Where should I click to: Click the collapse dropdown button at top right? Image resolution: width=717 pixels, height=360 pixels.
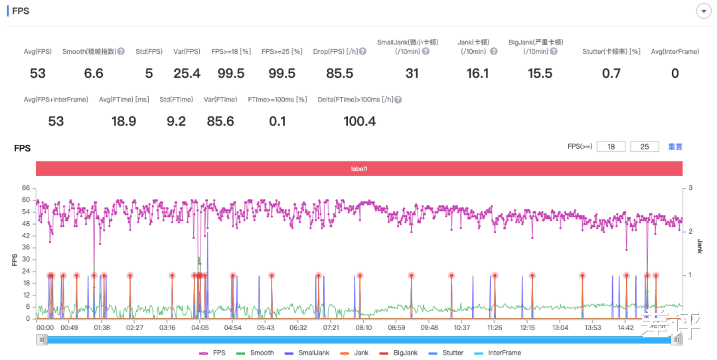[703, 11]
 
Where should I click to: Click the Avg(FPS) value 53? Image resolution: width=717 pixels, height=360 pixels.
[37, 73]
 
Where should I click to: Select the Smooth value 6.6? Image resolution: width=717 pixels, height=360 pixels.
[94, 73]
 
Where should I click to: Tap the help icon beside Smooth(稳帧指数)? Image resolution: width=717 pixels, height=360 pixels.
[121, 51]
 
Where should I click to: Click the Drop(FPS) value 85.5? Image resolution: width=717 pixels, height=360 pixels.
[339, 73]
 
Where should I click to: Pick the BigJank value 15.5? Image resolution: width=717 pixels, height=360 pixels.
[540, 73]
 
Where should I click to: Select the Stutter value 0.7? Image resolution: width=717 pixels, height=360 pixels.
[611, 73]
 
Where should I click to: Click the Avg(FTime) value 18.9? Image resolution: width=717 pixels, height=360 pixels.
[123, 121]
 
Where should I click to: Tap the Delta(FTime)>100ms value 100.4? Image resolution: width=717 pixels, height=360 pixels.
[360, 121]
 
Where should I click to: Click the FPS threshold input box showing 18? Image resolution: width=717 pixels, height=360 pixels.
[611, 147]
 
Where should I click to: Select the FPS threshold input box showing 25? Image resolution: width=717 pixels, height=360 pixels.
[644, 147]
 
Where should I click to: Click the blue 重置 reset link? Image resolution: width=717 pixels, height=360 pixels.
[675, 147]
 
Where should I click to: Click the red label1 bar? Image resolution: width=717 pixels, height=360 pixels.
[359, 169]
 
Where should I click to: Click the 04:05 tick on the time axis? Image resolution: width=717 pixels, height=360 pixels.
[200, 327]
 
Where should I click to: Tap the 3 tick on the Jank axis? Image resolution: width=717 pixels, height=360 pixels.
[690, 188]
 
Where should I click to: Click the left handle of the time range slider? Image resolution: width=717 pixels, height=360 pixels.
[42, 339]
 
